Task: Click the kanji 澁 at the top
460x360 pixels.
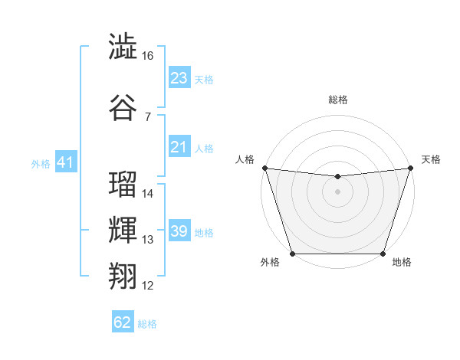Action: point(123,47)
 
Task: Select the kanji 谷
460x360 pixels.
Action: point(123,106)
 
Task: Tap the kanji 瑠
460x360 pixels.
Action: point(123,185)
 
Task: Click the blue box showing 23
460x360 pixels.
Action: point(179,78)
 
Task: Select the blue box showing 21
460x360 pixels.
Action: point(179,147)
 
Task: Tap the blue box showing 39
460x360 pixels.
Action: point(179,231)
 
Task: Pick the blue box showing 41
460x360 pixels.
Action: point(64,162)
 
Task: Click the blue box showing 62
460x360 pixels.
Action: point(123,322)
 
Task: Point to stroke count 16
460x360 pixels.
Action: point(148,56)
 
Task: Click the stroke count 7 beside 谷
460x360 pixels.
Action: point(147,116)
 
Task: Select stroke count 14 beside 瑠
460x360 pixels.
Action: point(148,194)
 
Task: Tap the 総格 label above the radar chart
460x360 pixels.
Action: point(338,100)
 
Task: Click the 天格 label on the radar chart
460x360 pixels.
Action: point(431,159)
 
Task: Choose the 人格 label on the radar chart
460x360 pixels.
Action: point(245,159)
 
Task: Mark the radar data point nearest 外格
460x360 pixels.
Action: point(292,254)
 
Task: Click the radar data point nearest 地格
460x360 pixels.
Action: point(383,254)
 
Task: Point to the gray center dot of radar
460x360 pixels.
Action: point(337,191)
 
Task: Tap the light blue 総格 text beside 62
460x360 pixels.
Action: point(147,324)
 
